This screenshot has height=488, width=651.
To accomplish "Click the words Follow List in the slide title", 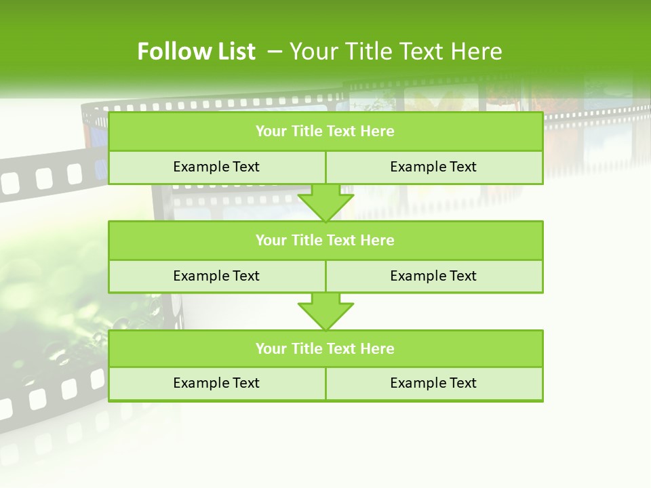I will (196, 52).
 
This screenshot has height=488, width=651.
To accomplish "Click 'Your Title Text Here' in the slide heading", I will (395, 52).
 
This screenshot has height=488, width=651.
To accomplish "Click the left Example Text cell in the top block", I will (216, 167).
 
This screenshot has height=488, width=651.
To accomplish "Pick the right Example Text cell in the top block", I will (433, 167).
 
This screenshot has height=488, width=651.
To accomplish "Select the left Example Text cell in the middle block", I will (216, 276).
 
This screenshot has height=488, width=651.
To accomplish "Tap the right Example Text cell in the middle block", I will (433, 276).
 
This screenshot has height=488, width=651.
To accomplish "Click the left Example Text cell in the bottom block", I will (216, 383).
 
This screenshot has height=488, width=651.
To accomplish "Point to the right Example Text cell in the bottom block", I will (433, 383).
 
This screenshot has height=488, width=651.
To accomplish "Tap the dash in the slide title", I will (275, 52).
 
